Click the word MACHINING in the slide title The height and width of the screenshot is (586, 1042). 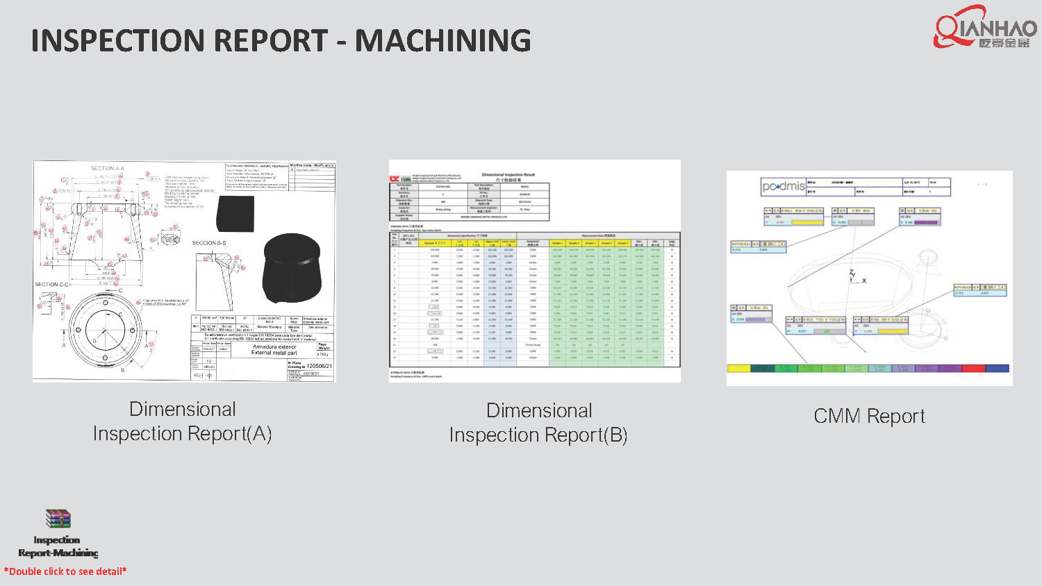443,41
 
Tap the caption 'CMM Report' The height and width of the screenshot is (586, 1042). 869,416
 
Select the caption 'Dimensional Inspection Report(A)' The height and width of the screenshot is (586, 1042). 183,421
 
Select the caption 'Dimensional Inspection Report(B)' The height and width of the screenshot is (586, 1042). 538,423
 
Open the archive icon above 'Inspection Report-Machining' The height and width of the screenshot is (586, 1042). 58,519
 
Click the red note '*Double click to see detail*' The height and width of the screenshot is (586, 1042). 65,571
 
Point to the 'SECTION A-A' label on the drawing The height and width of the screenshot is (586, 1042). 108,168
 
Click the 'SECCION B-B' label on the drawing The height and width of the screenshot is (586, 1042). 209,243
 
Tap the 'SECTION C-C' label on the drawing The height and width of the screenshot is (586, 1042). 52,285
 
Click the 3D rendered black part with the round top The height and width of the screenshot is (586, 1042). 292,267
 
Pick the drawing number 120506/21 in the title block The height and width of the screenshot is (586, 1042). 319,366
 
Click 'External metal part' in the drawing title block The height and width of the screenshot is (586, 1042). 274,353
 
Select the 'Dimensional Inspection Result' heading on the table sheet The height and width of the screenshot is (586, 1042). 508,175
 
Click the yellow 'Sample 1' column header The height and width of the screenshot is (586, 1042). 557,243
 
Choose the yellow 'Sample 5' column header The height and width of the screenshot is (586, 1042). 622,243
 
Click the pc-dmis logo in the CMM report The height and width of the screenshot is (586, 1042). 783,186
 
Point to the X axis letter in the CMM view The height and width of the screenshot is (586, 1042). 864,281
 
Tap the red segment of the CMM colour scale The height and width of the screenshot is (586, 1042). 973,369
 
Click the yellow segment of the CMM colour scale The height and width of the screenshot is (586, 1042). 738,369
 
